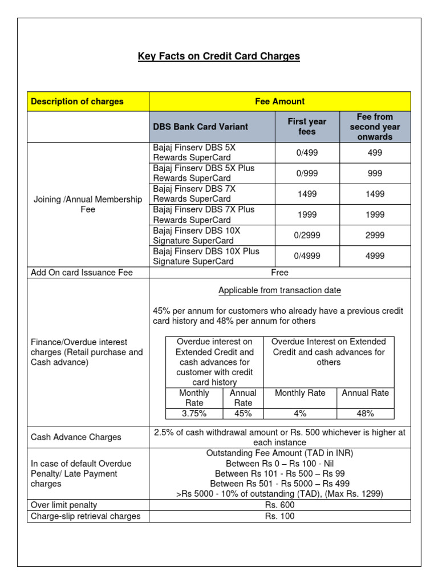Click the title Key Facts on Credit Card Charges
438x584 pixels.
[x=219, y=56]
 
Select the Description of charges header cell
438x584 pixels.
[x=77, y=102]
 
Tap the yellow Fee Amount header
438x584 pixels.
[x=279, y=102]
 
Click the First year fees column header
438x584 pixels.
[x=307, y=127]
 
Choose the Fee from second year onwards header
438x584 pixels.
[x=375, y=127]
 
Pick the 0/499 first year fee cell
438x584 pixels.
[x=307, y=153]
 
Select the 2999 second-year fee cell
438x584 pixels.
[x=375, y=235]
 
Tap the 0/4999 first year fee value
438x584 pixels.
[x=307, y=256]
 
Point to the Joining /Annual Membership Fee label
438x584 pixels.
[x=88, y=204]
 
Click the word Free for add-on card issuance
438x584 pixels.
[x=279, y=273]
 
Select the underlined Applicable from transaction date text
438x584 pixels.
[x=279, y=291]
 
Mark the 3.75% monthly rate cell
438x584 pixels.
[x=193, y=413]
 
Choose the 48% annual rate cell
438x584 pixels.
[x=365, y=413]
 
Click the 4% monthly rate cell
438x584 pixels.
[x=300, y=413]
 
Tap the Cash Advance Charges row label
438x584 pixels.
[x=76, y=437]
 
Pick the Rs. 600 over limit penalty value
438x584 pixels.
[x=279, y=505]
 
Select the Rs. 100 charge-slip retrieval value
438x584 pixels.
[x=279, y=516]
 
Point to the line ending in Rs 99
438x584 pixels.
[x=279, y=473]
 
